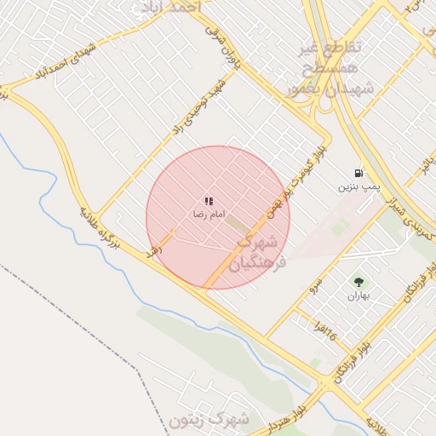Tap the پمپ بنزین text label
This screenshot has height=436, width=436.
click(x=357, y=186)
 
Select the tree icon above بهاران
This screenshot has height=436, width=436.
click(x=358, y=282)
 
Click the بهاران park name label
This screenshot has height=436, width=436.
click(x=358, y=296)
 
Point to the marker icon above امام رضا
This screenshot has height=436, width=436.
click(x=209, y=202)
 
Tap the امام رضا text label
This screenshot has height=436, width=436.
click(x=209, y=215)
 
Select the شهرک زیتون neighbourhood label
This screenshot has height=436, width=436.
click(x=209, y=420)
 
